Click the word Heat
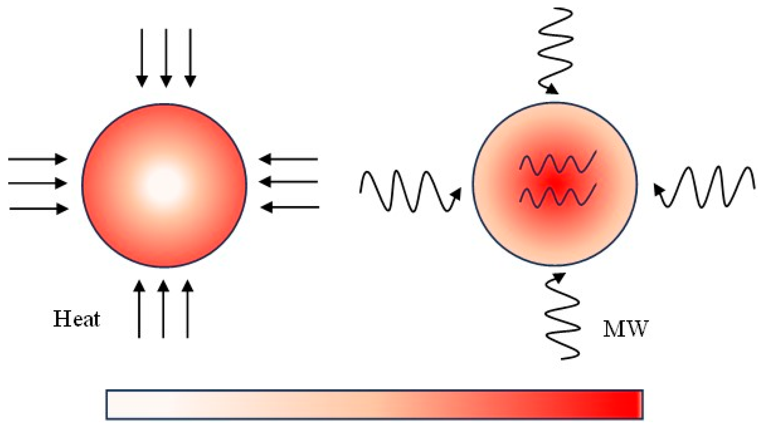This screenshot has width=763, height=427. [x=77, y=319]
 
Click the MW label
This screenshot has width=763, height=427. [x=625, y=329]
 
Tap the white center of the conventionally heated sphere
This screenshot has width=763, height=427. [x=164, y=185]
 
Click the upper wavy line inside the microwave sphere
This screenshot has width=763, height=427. [x=558, y=163]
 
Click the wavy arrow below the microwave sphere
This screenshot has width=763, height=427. [x=562, y=318]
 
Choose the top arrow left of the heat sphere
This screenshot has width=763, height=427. [x=38, y=159]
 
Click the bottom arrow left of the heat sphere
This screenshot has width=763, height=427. [x=39, y=208]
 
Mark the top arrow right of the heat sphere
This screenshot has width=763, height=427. [x=289, y=159]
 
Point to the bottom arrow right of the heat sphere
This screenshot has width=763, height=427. [x=290, y=207]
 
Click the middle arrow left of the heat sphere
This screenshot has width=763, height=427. [x=38, y=183]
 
